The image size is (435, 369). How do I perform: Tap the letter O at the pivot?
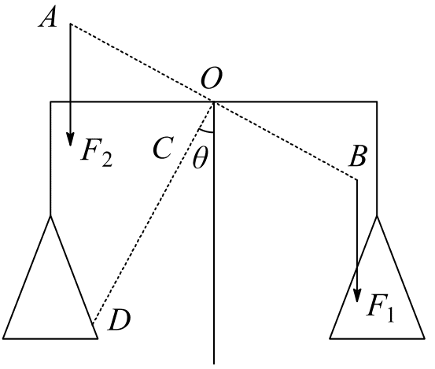[212, 78]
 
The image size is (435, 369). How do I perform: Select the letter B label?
[358, 157]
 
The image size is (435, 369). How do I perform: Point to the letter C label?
[164, 148]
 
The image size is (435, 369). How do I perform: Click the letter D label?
[119, 320]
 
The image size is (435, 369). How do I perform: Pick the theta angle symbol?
[201, 157]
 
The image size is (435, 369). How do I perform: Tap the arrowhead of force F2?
[71, 139]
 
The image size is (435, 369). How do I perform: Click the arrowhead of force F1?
[357, 295]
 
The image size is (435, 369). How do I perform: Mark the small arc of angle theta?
[206, 131]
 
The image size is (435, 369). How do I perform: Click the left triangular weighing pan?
[50, 278]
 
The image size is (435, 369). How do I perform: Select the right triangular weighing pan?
[377, 278]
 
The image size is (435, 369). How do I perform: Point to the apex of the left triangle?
[50, 216]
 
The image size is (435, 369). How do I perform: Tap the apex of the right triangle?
[377, 216]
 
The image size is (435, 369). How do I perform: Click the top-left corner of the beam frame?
[50, 102]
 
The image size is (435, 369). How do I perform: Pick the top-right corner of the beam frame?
[377, 102]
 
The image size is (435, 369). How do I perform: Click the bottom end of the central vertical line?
[214, 363]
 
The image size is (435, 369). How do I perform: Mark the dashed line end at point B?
[357, 179]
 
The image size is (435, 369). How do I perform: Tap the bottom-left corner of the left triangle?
[3, 339]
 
